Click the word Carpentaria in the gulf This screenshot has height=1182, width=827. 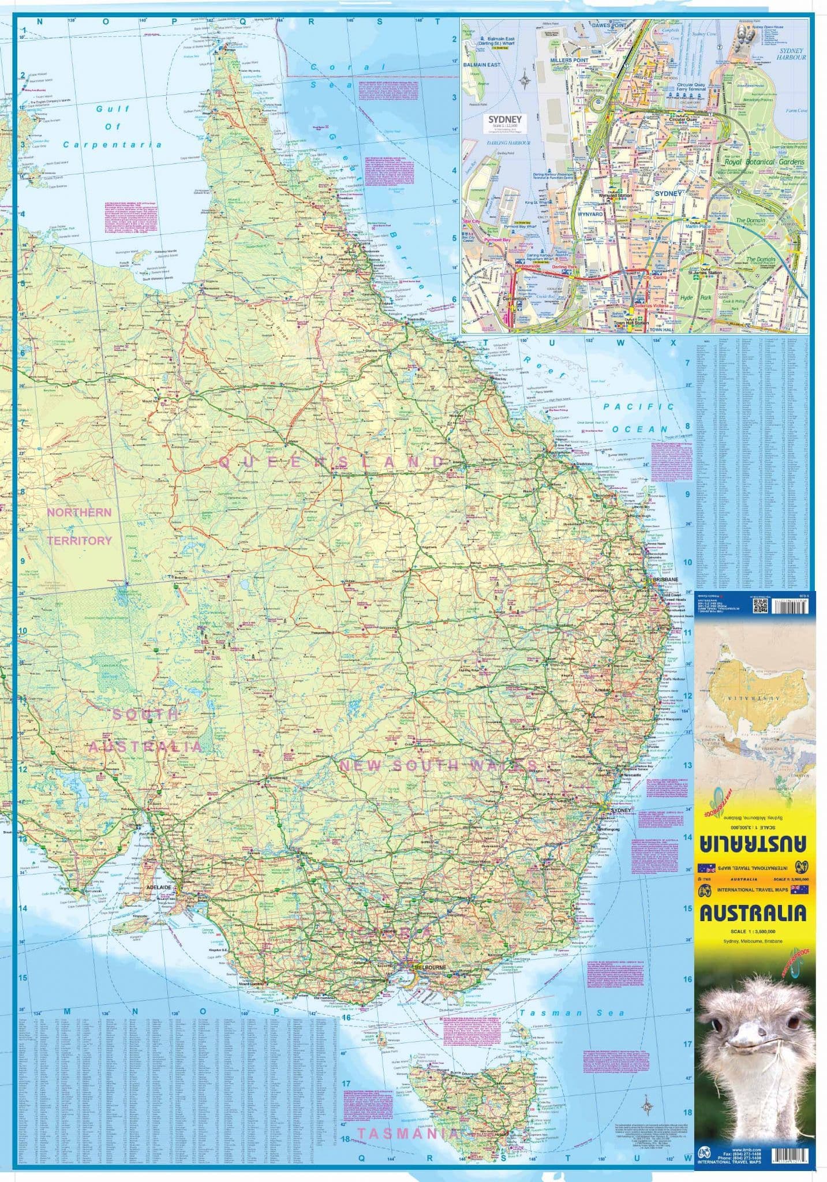pos(113,144)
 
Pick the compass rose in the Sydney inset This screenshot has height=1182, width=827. pos(524,78)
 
